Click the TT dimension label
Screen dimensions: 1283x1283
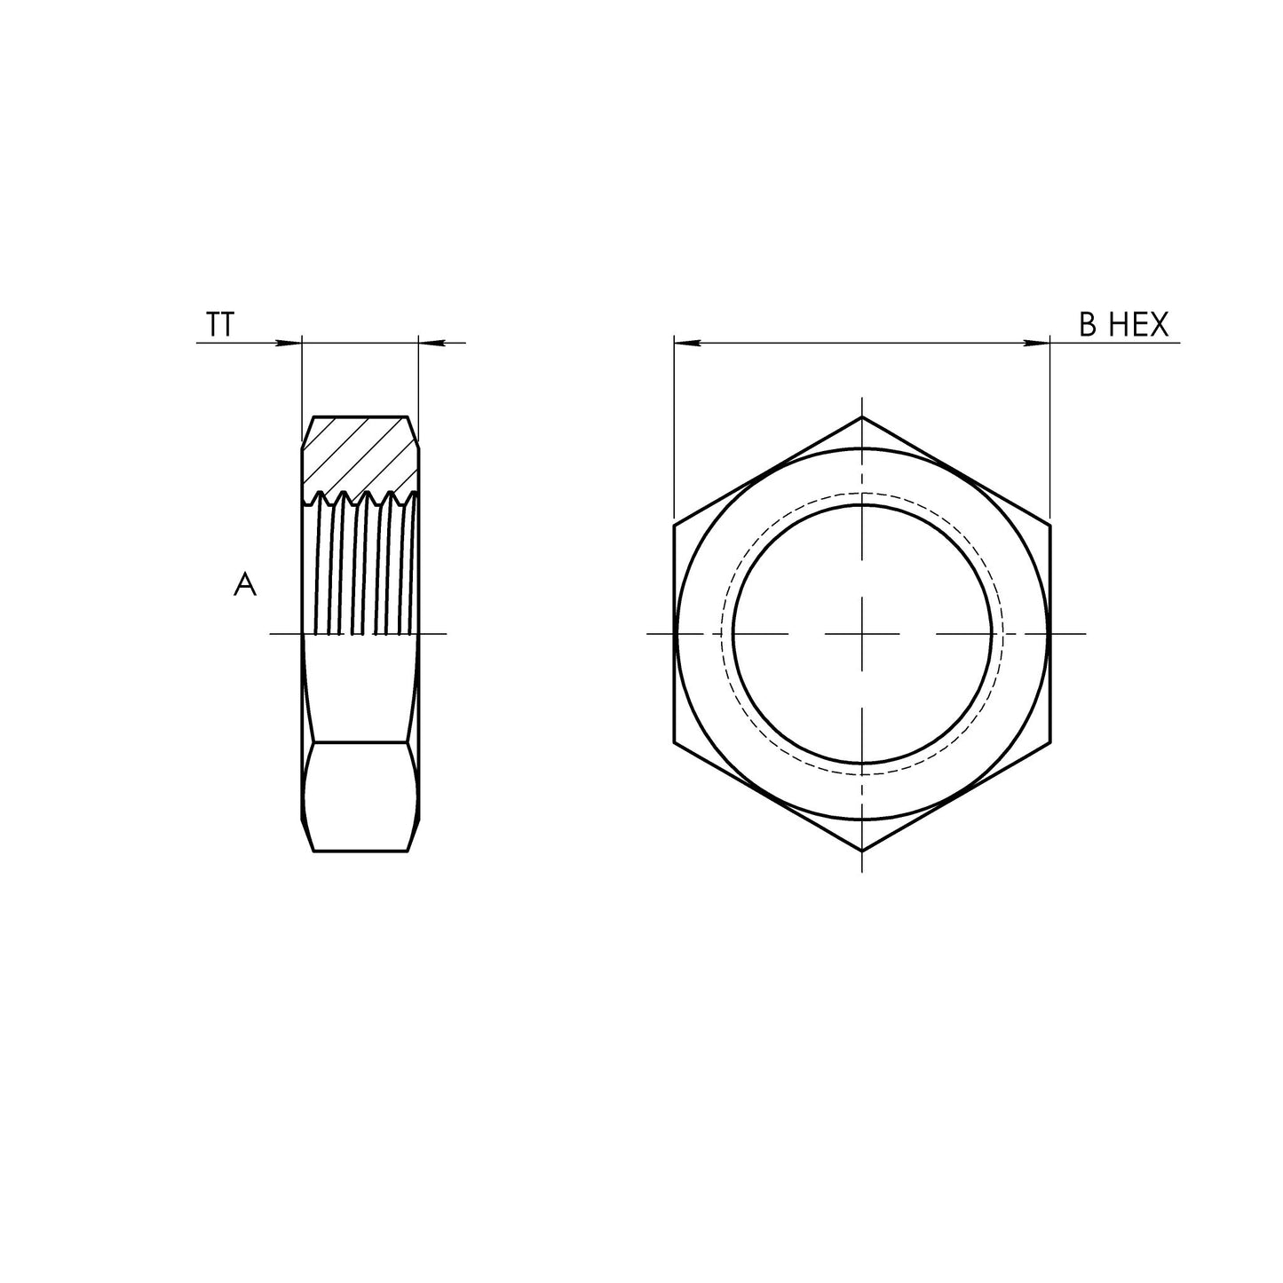click(x=220, y=326)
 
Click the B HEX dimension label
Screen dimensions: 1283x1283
click(x=1123, y=326)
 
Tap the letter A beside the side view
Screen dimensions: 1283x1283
click(x=245, y=585)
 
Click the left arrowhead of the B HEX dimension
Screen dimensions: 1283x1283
click(x=685, y=343)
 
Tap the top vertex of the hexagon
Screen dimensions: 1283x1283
click(x=862, y=416)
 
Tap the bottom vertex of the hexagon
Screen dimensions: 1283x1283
click(x=862, y=851)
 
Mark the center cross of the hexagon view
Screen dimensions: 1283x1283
click(x=862, y=634)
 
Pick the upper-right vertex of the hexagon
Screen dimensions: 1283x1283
click(x=1050, y=525)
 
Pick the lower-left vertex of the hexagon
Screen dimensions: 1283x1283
click(x=674, y=742)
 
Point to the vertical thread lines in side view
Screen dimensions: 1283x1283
click(x=360, y=568)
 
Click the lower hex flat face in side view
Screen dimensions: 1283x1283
click(x=360, y=796)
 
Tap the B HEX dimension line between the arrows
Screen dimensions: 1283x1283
click(x=861, y=343)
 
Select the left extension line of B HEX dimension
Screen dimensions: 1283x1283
click(x=674, y=426)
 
